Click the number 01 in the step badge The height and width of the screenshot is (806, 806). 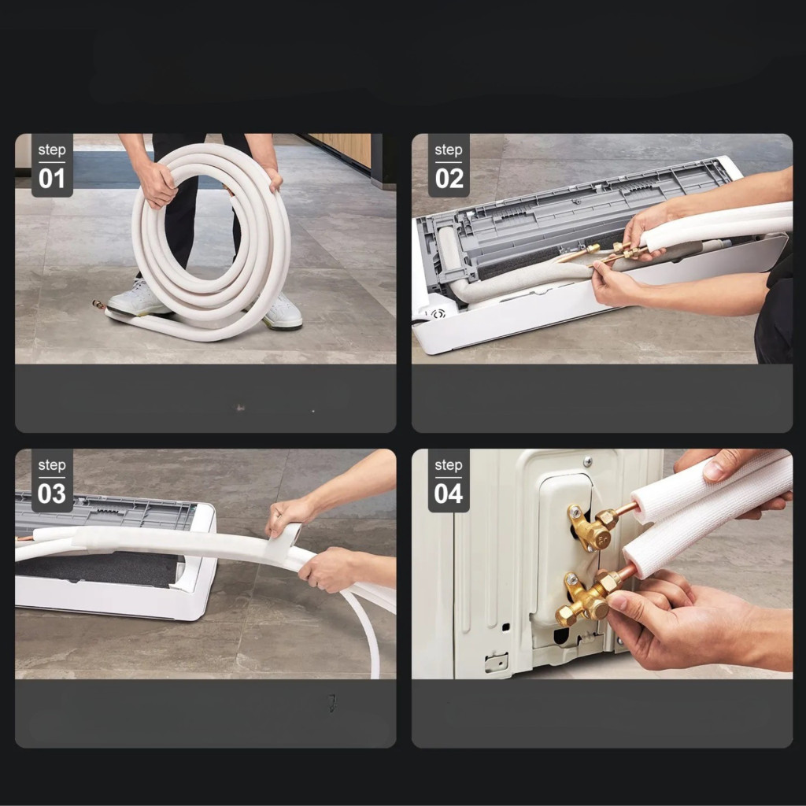[x=52, y=179]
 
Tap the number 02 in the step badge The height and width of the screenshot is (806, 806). [x=449, y=179]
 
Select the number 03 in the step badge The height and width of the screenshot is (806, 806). [x=52, y=494]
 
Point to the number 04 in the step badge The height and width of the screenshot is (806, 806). [x=449, y=494]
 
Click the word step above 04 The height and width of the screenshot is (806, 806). [x=449, y=465]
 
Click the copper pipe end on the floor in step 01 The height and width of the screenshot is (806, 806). [x=98, y=305]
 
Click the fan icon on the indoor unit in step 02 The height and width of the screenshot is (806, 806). [x=438, y=313]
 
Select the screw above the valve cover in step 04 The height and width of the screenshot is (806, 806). [x=587, y=461]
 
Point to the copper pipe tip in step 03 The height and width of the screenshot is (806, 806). [x=20, y=538]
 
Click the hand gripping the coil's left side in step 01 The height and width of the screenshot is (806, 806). [x=158, y=184]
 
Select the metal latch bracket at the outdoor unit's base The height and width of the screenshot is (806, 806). [x=496, y=662]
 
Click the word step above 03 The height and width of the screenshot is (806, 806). [x=52, y=465]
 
